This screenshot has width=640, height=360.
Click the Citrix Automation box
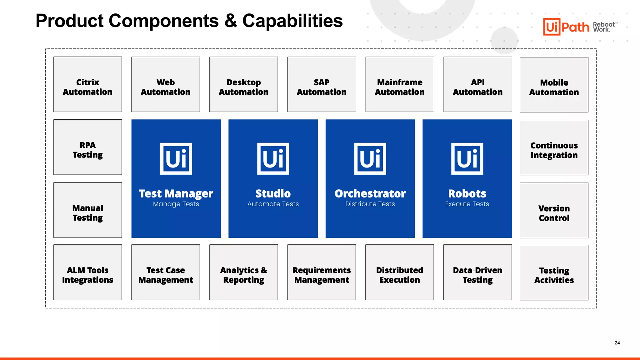pyautogui.click(x=87, y=84)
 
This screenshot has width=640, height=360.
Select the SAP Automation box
pyautogui.click(x=322, y=84)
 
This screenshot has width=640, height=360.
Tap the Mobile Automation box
pyautogui.click(x=554, y=85)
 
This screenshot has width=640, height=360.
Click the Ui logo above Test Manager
pyautogui.click(x=176, y=159)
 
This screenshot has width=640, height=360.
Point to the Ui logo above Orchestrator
pyautogui.click(x=370, y=159)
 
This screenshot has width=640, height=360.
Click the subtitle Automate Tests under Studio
pyautogui.click(x=273, y=204)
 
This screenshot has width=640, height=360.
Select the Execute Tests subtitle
pyautogui.click(x=467, y=204)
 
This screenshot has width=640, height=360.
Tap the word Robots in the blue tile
pyautogui.click(x=467, y=194)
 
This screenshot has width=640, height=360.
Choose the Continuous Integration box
pyautogui.click(x=554, y=147)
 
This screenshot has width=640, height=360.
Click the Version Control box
pyautogui.click(x=554, y=210)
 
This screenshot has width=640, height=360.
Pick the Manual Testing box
pyautogui.click(x=87, y=210)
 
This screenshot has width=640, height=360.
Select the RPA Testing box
pyautogui.click(x=87, y=147)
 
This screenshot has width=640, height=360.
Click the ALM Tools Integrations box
pyautogui.click(x=87, y=272)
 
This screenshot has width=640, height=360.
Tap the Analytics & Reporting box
pyautogui.click(x=243, y=272)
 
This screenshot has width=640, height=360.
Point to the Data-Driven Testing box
pyautogui.click(x=477, y=272)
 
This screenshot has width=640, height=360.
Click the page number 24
pyautogui.click(x=617, y=343)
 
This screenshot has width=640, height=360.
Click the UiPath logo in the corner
pyautogui.click(x=566, y=27)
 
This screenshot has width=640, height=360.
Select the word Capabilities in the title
pyautogui.click(x=292, y=21)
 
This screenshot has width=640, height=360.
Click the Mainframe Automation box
pyautogui.click(x=399, y=84)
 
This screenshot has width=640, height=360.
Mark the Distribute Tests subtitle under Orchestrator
pyautogui.click(x=370, y=204)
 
